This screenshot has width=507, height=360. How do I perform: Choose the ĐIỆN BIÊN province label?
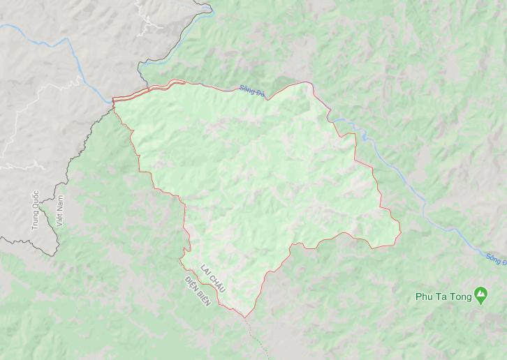(198, 292)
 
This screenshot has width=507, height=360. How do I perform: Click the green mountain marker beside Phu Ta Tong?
(480, 296)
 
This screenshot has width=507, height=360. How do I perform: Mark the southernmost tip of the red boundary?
(244, 317)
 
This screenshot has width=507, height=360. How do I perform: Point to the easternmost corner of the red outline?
(401, 232)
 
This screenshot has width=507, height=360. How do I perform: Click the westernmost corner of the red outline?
(113, 102)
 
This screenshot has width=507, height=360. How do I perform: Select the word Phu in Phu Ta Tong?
(423, 296)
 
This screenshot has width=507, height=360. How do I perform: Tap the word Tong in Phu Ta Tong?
(458, 296)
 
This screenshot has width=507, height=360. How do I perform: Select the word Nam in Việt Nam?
(59, 203)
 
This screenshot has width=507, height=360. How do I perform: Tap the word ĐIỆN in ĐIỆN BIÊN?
(191, 285)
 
